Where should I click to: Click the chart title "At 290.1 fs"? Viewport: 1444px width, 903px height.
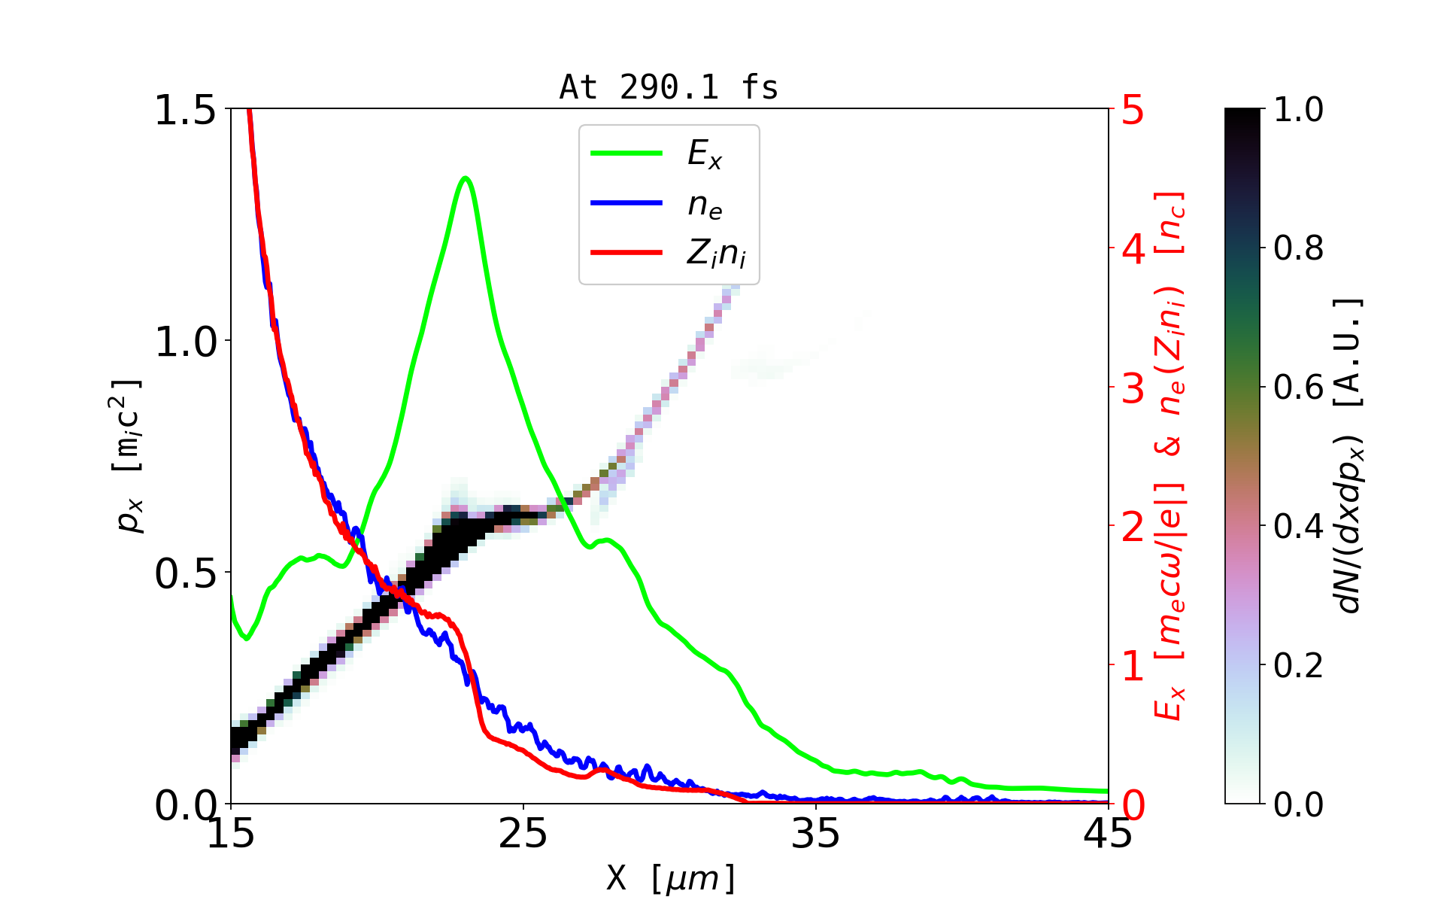(669, 88)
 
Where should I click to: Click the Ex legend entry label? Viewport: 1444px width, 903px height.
(705, 154)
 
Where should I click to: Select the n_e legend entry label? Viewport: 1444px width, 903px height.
(705, 205)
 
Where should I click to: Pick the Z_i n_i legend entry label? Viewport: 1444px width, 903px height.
(716, 254)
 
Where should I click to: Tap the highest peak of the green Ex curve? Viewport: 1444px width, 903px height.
(466, 178)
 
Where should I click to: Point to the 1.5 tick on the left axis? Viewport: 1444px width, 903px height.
(184, 110)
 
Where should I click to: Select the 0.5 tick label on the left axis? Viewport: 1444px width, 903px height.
(184, 573)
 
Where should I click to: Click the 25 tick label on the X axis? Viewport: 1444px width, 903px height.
(523, 834)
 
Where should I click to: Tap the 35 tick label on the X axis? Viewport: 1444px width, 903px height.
(816, 834)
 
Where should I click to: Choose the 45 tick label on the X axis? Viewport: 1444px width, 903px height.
(1108, 834)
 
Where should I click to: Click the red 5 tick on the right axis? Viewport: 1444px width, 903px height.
(1133, 110)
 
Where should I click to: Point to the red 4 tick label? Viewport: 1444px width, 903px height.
(1133, 248)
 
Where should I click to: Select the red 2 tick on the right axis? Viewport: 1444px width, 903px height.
(1133, 527)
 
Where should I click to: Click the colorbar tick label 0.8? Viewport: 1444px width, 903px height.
(1298, 248)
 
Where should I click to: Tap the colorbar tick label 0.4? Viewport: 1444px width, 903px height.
(1298, 527)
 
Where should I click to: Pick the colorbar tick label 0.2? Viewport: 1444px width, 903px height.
(1298, 665)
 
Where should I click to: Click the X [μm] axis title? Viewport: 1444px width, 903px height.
(671, 877)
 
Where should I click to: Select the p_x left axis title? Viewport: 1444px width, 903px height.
(128, 456)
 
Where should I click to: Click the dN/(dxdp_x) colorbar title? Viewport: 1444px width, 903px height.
(1349, 456)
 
